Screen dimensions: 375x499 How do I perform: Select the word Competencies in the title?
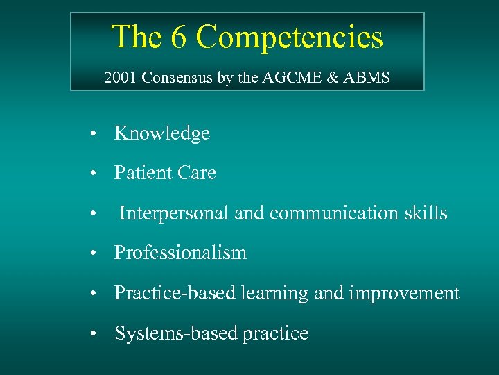[289, 37]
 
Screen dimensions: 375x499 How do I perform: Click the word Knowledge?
[161, 133]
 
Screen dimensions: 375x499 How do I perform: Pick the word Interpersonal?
[174, 213]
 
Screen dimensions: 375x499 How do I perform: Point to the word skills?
[424, 212]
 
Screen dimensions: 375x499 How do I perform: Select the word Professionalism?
[180, 253]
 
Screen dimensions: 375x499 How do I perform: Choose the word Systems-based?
[176, 333]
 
